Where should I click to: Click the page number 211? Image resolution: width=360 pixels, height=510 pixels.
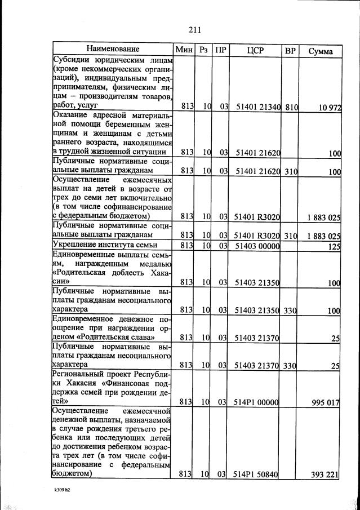(x=195, y=30)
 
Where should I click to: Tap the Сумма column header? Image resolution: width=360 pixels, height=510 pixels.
(x=321, y=51)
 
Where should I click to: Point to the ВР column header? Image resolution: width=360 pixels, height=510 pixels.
(x=290, y=51)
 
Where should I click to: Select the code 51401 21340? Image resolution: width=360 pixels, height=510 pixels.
(x=257, y=105)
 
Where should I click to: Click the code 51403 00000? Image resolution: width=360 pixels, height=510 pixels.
(x=257, y=245)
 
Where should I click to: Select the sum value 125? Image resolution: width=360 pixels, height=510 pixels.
(x=334, y=246)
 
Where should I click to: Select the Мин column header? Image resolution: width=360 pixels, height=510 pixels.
(x=184, y=50)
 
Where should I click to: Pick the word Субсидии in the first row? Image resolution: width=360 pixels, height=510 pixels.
(x=73, y=59)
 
